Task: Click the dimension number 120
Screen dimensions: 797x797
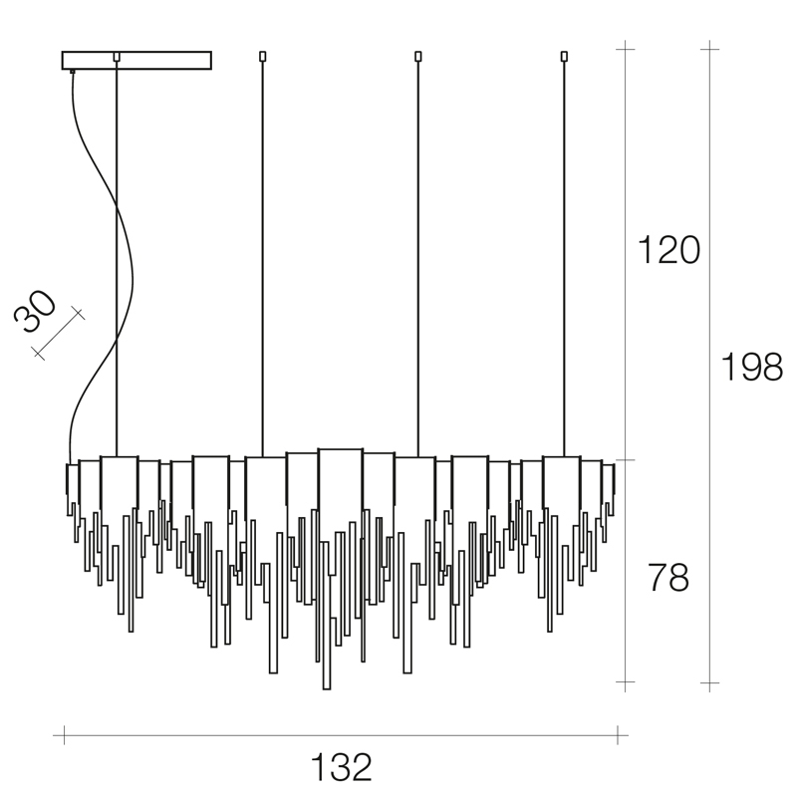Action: (x=668, y=250)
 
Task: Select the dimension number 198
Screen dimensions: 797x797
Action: (x=752, y=367)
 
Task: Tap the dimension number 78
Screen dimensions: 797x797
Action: (x=668, y=577)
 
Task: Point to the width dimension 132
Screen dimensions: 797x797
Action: (x=342, y=767)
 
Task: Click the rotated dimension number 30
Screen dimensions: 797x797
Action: (x=35, y=311)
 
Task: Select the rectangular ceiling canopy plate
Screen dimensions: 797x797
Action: (x=136, y=60)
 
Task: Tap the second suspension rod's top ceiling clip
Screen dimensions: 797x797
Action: (x=263, y=56)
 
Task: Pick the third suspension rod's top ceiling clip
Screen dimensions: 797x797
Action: (x=418, y=56)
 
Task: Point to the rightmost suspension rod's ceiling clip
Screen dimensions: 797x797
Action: (x=564, y=56)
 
